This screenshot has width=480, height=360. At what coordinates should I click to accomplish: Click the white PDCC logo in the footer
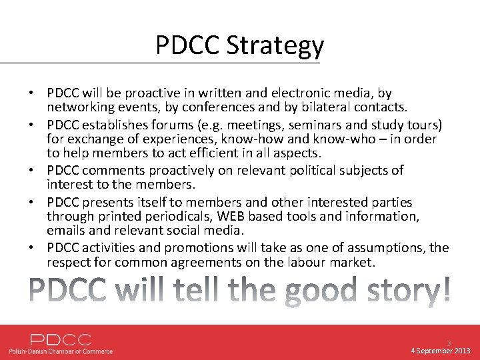pos(61,339)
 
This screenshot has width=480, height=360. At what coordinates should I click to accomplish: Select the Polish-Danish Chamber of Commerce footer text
pos(61,351)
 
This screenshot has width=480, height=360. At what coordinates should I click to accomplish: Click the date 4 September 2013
pos(441,351)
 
